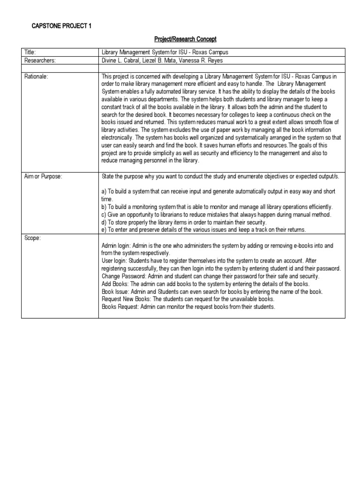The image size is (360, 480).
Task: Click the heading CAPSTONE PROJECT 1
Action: click(x=61, y=26)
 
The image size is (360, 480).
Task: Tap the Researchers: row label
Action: click(x=40, y=60)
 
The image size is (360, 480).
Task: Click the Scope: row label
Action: click(x=32, y=238)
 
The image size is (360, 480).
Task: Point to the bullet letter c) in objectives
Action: click(x=104, y=214)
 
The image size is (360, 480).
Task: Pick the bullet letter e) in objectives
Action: click(x=104, y=229)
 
